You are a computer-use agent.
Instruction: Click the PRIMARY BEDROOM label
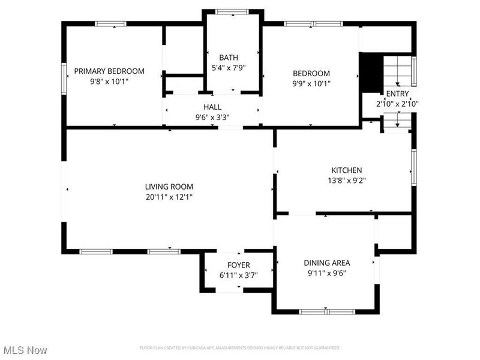click(109, 71)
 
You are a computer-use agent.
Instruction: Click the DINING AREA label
click(327, 262)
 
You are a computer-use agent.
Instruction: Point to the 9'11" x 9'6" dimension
click(327, 273)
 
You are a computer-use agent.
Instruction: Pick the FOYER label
click(239, 265)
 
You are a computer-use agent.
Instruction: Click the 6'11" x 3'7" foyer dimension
click(239, 275)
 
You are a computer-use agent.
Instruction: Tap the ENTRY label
click(397, 94)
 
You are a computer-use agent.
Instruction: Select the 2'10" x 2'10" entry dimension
click(397, 104)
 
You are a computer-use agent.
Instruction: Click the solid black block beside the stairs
click(370, 73)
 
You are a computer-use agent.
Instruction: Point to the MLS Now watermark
click(25, 349)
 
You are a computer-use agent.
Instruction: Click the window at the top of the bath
click(232, 11)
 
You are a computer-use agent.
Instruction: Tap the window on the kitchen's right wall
click(413, 166)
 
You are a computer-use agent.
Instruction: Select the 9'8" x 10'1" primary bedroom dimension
click(109, 82)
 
